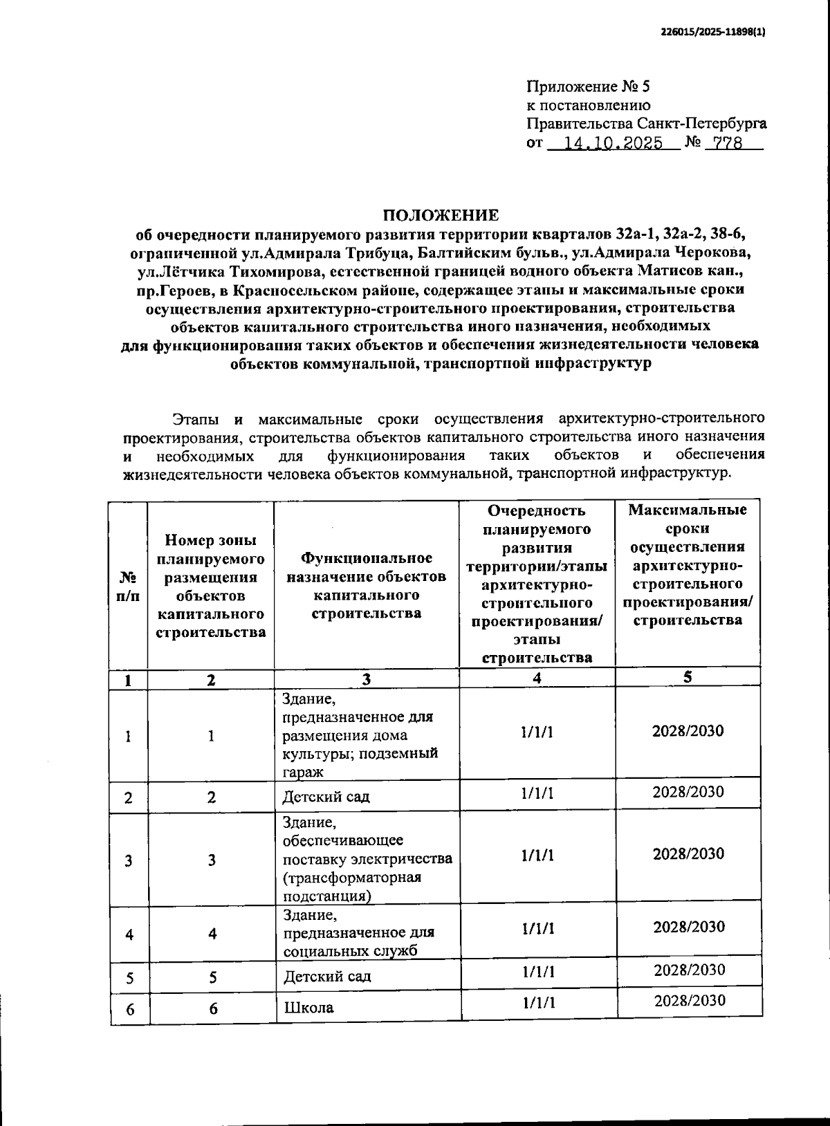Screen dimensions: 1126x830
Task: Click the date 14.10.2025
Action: tap(614, 143)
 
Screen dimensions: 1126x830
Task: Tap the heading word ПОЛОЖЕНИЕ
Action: tap(441, 214)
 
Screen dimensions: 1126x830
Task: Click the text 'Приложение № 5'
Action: tap(589, 86)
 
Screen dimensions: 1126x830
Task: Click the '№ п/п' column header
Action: tap(128, 585)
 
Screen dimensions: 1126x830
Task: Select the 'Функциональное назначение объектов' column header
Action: tap(366, 585)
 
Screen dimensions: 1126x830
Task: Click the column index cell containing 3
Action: tap(366, 679)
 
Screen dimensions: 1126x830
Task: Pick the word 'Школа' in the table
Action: tap(308, 1007)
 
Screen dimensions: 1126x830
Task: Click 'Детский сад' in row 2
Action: tap(326, 796)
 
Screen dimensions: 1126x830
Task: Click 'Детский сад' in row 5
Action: tap(327, 976)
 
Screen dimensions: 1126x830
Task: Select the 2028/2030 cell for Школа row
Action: tap(690, 1000)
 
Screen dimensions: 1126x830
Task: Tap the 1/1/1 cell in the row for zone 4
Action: tap(537, 928)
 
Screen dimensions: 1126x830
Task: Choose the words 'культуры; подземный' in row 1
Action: tap(360, 753)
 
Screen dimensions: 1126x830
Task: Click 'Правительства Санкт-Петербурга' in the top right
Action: tap(646, 124)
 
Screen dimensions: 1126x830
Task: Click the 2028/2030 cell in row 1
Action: tap(688, 731)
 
